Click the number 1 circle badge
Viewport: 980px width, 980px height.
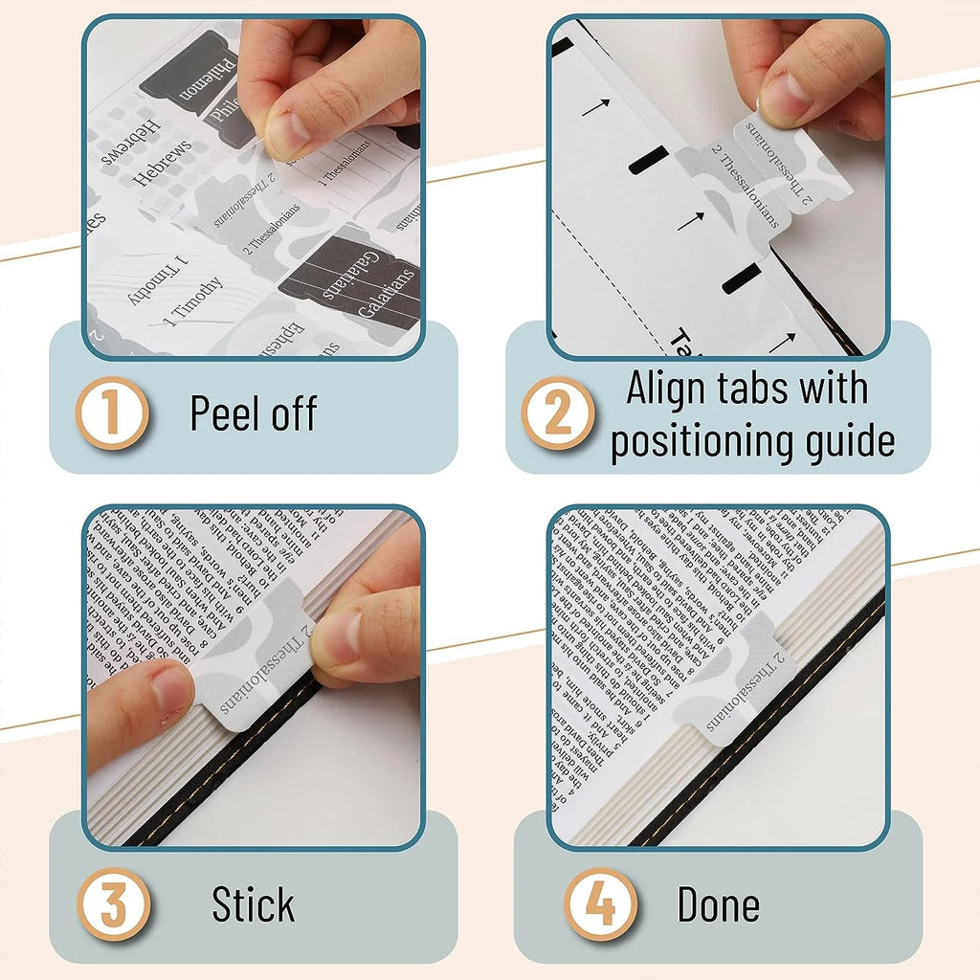(112, 414)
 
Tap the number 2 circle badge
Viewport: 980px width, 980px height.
(557, 414)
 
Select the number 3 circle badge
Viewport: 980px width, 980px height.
(112, 904)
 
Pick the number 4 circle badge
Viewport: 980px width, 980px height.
(600, 904)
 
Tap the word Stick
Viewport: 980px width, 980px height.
(254, 905)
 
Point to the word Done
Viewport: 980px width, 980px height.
(718, 905)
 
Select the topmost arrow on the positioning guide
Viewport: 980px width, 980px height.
(594, 107)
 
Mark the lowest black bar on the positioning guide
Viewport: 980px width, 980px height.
(741, 278)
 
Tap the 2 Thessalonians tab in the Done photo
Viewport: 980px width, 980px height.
(743, 680)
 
